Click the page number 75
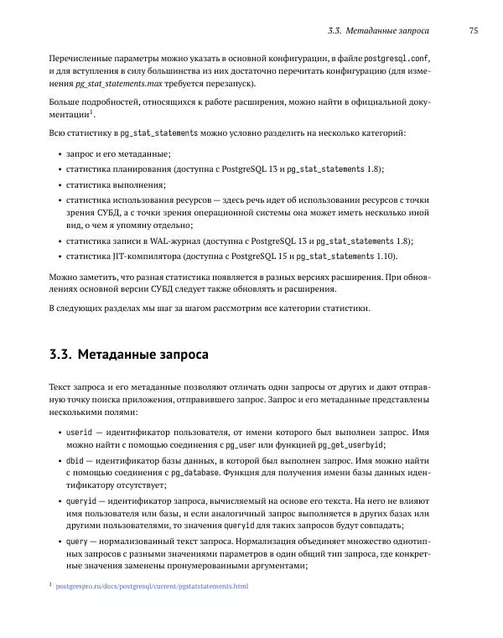click(x=473, y=31)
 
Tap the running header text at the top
click(x=378, y=31)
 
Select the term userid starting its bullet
click(x=79, y=431)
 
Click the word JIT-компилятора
click(x=144, y=256)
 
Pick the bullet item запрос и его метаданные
click(x=118, y=154)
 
